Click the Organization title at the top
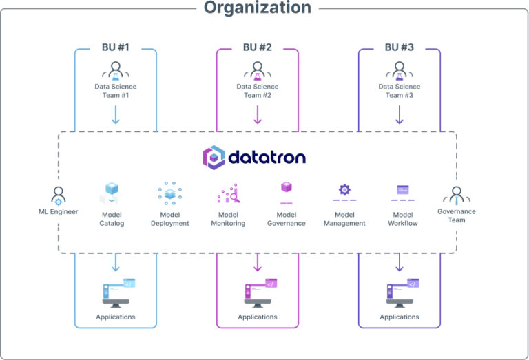(258, 8)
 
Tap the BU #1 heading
(116, 47)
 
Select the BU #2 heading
(258, 47)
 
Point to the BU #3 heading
(400, 47)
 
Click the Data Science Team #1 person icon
(116, 70)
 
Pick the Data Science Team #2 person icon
(258, 70)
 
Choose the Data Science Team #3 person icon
(400, 70)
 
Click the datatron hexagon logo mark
(214, 158)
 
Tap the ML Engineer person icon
(58, 195)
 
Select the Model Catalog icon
(112, 193)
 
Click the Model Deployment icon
(169, 193)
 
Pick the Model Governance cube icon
(287, 189)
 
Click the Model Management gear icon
(344, 190)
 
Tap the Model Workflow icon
(402, 190)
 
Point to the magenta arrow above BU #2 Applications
(258, 262)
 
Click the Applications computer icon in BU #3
(400, 293)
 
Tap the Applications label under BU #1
(116, 317)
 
